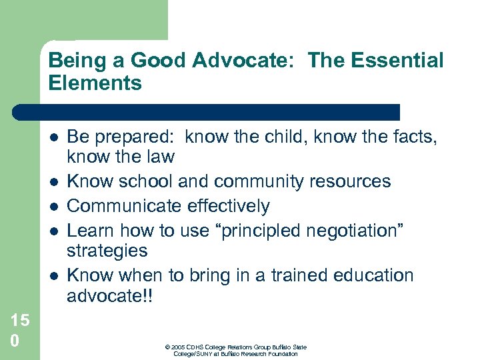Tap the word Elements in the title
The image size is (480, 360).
(95, 83)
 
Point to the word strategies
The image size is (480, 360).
(107, 251)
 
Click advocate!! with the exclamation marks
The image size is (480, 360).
(110, 295)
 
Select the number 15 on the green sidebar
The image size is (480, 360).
(19, 320)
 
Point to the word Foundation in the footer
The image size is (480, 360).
(283, 353)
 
